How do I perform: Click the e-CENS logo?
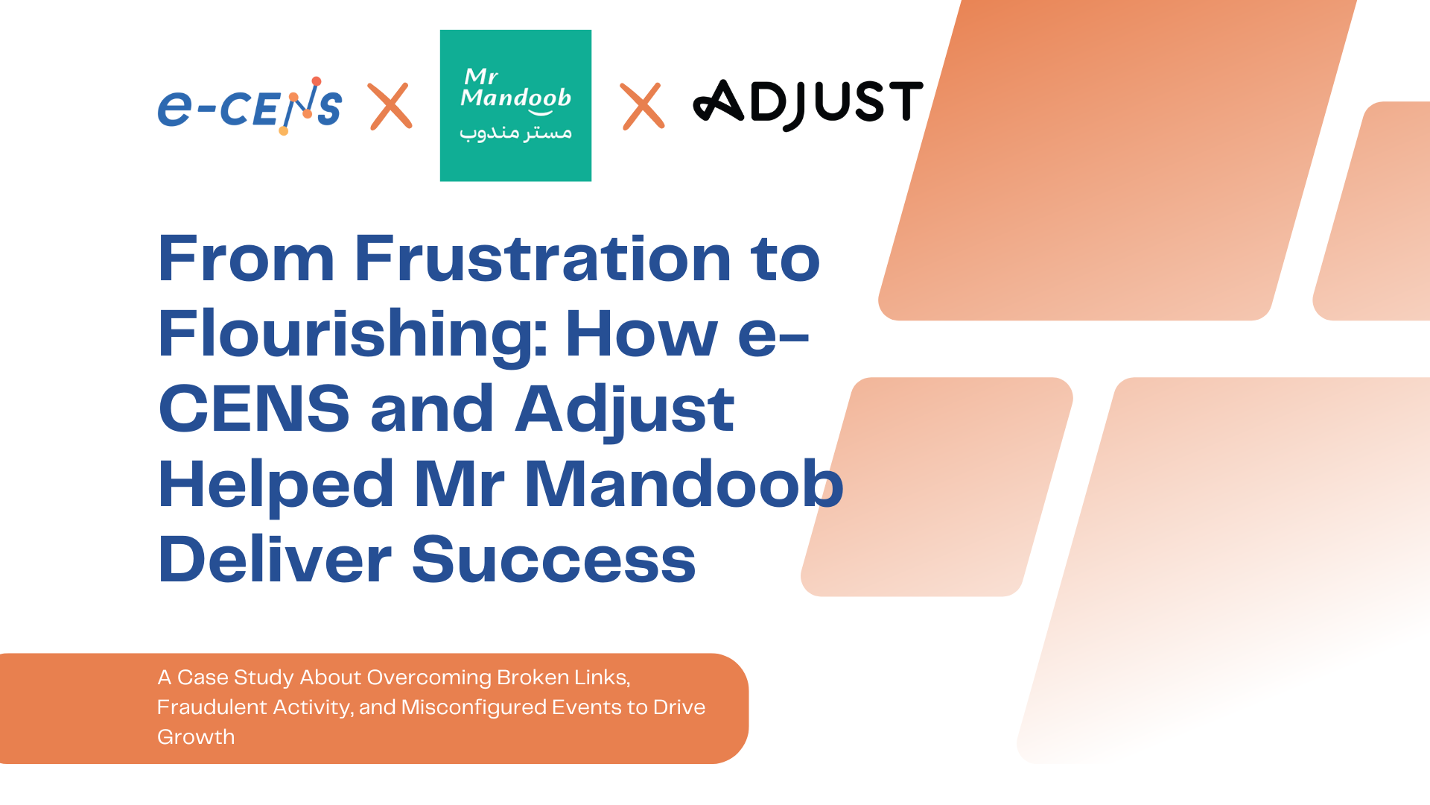click(x=250, y=106)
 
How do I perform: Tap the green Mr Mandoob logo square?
click(x=515, y=105)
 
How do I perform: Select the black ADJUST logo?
click(x=808, y=104)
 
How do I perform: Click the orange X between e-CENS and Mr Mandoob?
click(x=390, y=106)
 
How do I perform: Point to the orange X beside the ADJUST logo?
click(x=642, y=106)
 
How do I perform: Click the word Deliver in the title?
click(x=275, y=559)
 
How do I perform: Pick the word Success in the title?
click(x=554, y=560)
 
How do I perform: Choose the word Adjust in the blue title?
click(x=625, y=411)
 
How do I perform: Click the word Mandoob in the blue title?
click(x=684, y=484)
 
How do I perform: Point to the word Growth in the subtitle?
click(x=196, y=736)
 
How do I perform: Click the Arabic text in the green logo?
click(x=515, y=133)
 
